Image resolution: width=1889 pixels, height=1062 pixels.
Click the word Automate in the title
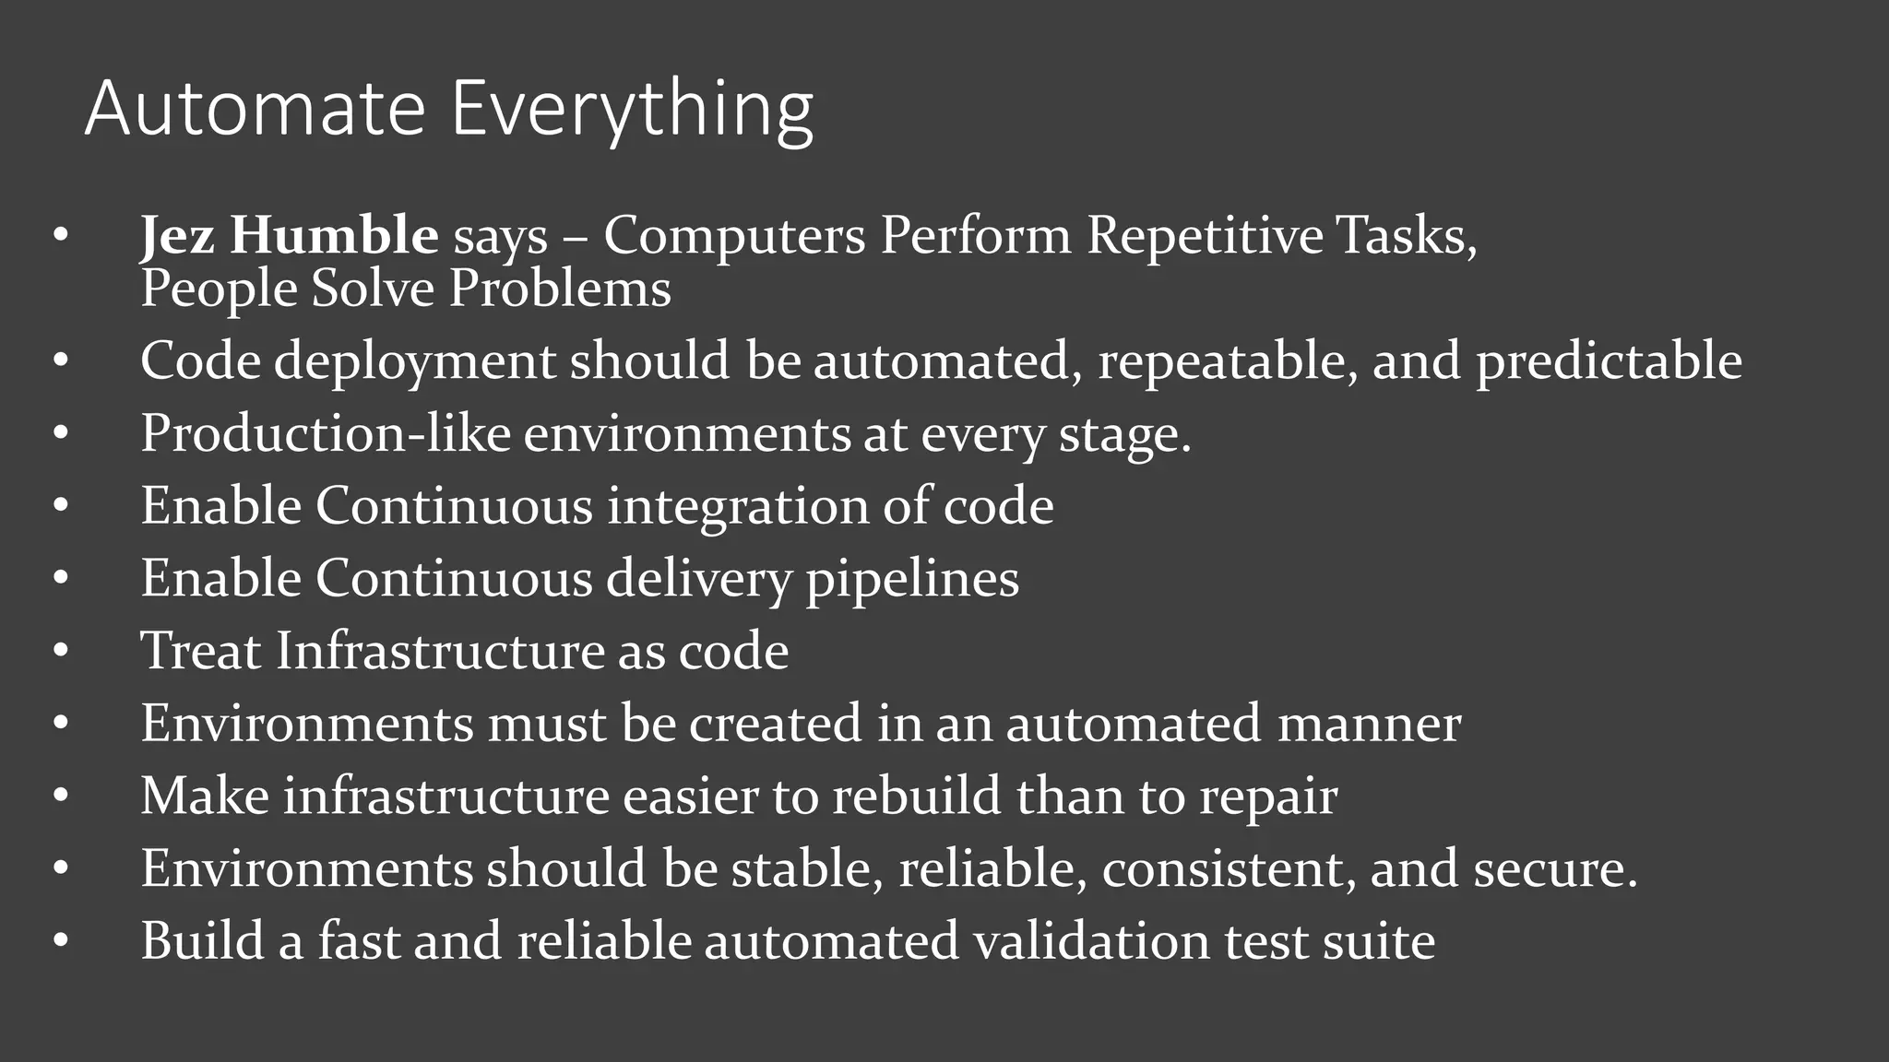tap(255, 109)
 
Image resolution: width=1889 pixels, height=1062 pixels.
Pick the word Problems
tap(560, 289)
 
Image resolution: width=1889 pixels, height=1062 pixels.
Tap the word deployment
tap(415, 361)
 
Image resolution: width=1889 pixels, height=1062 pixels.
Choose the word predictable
tap(1609, 361)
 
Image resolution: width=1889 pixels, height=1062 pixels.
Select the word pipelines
tap(912, 580)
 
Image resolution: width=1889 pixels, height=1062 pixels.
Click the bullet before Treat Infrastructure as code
tap(61, 652)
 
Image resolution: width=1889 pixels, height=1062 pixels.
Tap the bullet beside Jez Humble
tap(61, 236)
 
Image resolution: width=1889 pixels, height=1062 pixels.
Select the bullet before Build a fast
tap(61, 942)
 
